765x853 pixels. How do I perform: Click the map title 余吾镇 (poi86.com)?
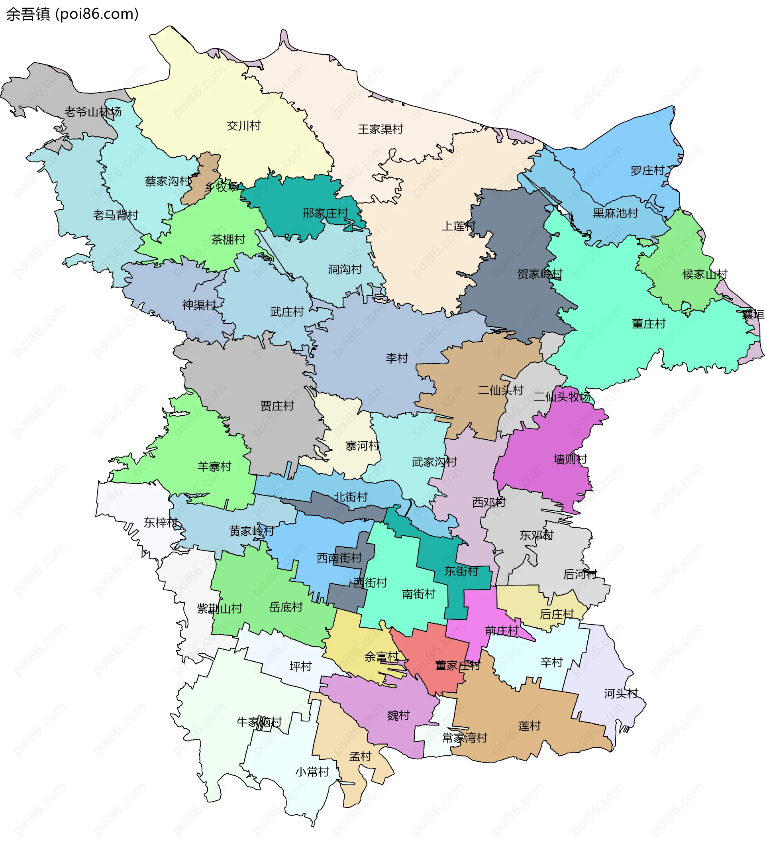72,14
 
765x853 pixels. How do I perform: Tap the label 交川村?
243,126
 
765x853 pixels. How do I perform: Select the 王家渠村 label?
381,129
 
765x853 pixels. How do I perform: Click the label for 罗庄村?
647,170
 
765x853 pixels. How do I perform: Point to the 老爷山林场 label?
93,112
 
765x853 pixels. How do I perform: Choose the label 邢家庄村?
326,213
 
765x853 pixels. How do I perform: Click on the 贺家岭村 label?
540,274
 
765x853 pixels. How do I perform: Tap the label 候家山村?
705,274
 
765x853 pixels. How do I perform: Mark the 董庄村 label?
649,324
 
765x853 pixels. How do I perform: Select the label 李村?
397,358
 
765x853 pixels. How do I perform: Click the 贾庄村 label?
277,406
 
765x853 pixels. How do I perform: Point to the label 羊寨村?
214,466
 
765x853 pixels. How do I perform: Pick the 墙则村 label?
570,459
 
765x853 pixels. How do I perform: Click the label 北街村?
351,497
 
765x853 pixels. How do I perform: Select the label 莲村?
529,725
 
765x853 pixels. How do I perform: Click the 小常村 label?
312,771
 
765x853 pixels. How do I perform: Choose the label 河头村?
621,693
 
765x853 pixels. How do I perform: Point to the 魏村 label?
398,715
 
